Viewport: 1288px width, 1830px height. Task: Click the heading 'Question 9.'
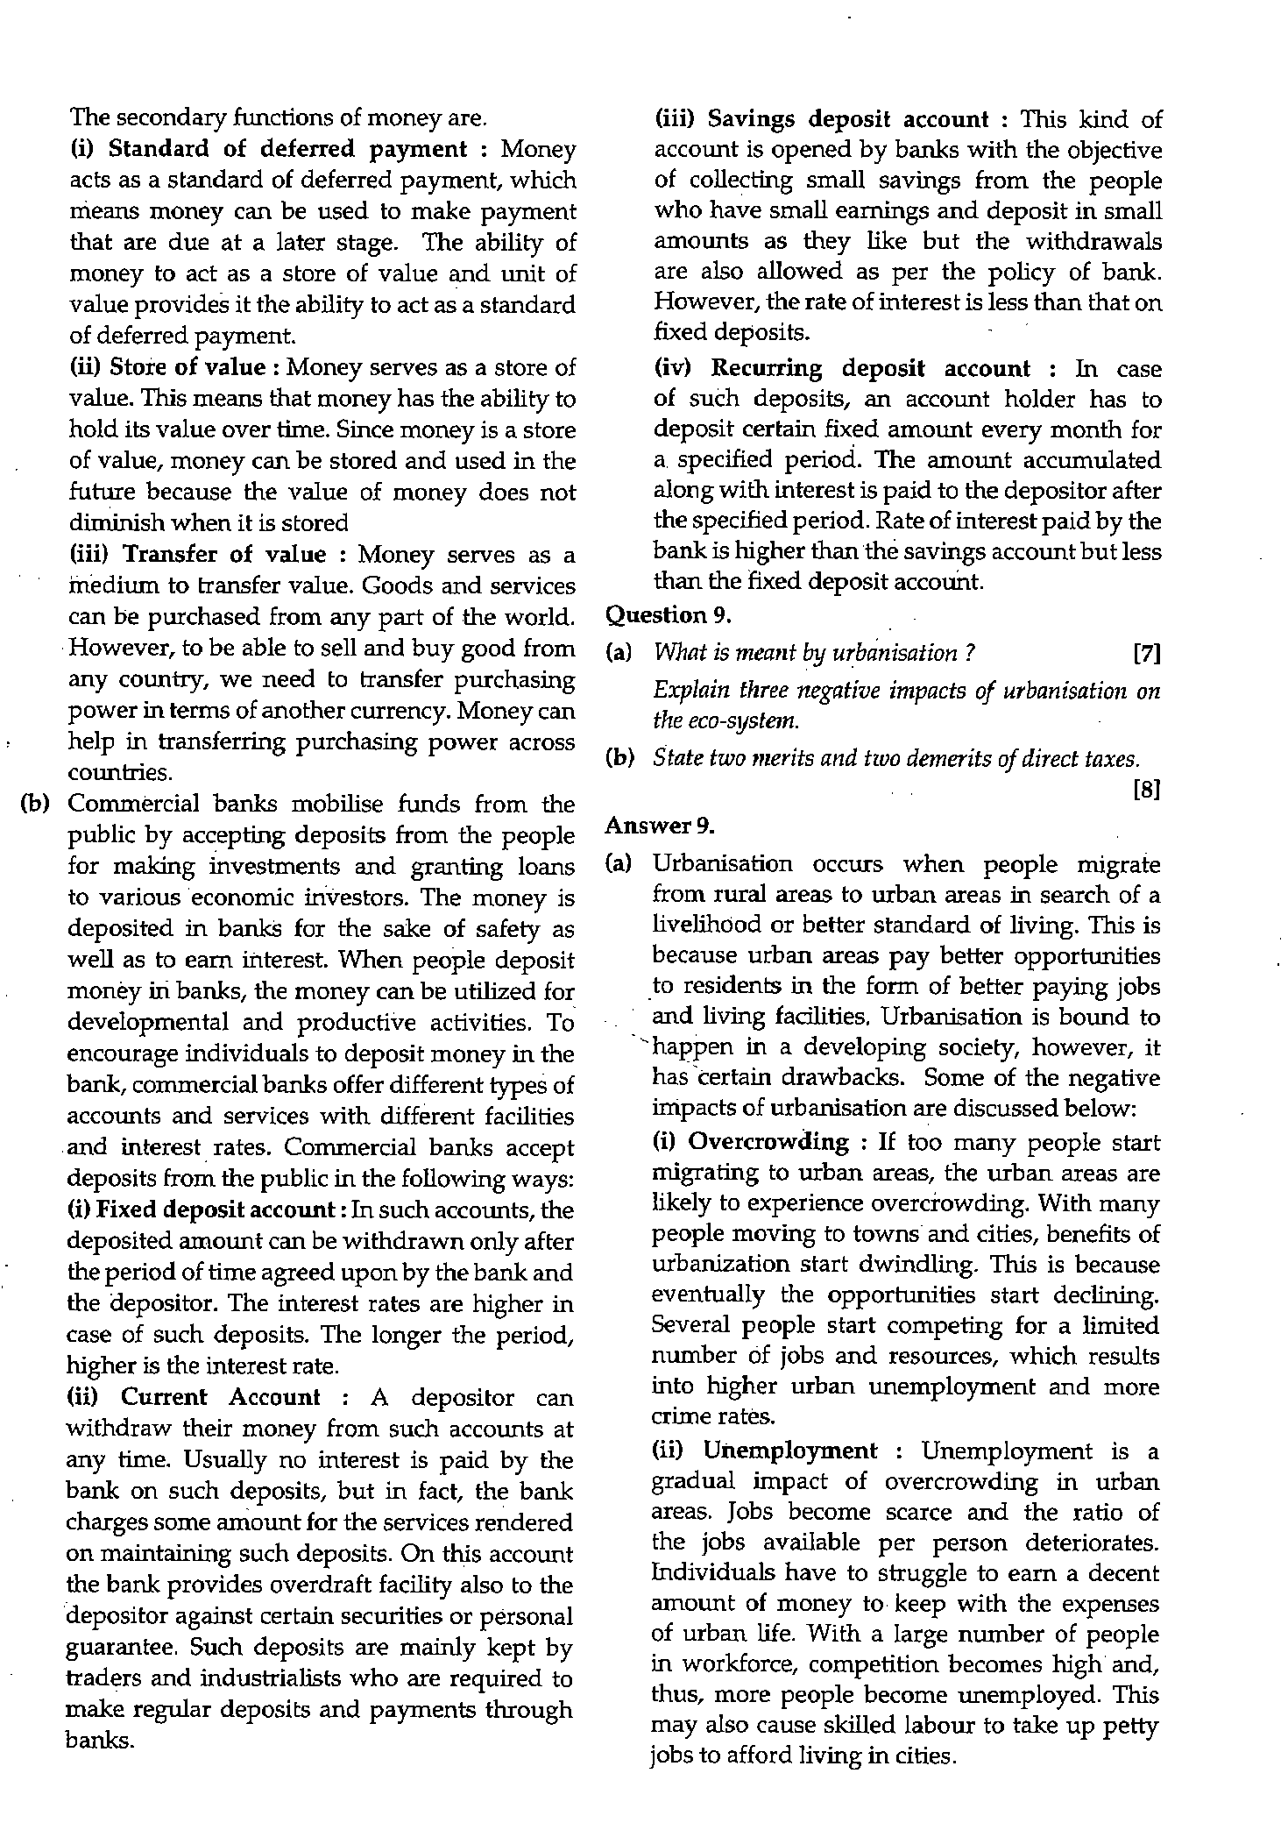(x=669, y=615)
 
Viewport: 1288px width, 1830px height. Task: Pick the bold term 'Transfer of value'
(x=225, y=555)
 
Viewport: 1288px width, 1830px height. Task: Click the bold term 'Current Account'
(x=221, y=1397)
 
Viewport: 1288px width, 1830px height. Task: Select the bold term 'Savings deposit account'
(x=848, y=119)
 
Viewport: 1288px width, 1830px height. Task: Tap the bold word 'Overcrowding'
(x=769, y=1142)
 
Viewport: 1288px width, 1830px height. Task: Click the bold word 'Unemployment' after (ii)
(x=789, y=1451)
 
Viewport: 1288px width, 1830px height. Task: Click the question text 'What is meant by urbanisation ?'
(x=815, y=654)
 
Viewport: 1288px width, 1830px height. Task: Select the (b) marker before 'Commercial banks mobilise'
(x=34, y=804)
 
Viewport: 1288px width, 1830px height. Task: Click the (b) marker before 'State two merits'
(x=619, y=758)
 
